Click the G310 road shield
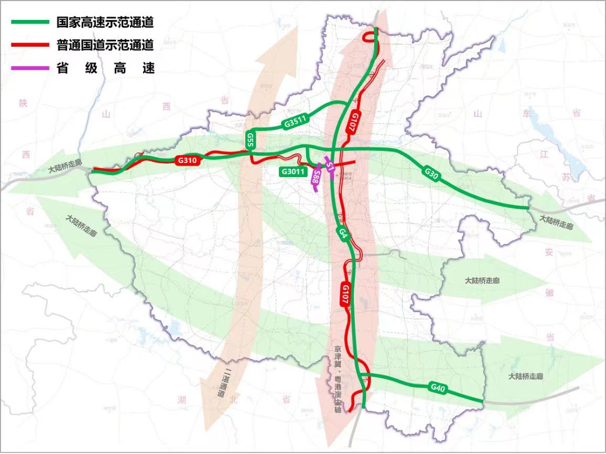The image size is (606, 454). pyautogui.click(x=189, y=161)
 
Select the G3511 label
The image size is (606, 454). pyautogui.click(x=296, y=123)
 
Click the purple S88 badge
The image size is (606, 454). pyautogui.click(x=316, y=177)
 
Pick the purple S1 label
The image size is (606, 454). pyautogui.click(x=329, y=167)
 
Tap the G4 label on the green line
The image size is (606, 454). pyautogui.click(x=343, y=234)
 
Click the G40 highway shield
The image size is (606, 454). pyautogui.click(x=438, y=388)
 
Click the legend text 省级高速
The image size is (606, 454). pyautogui.click(x=105, y=68)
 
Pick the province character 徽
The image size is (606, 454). pyautogui.click(x=549, y=293)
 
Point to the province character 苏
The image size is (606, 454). pyautogui.click(x=566, y=177)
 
